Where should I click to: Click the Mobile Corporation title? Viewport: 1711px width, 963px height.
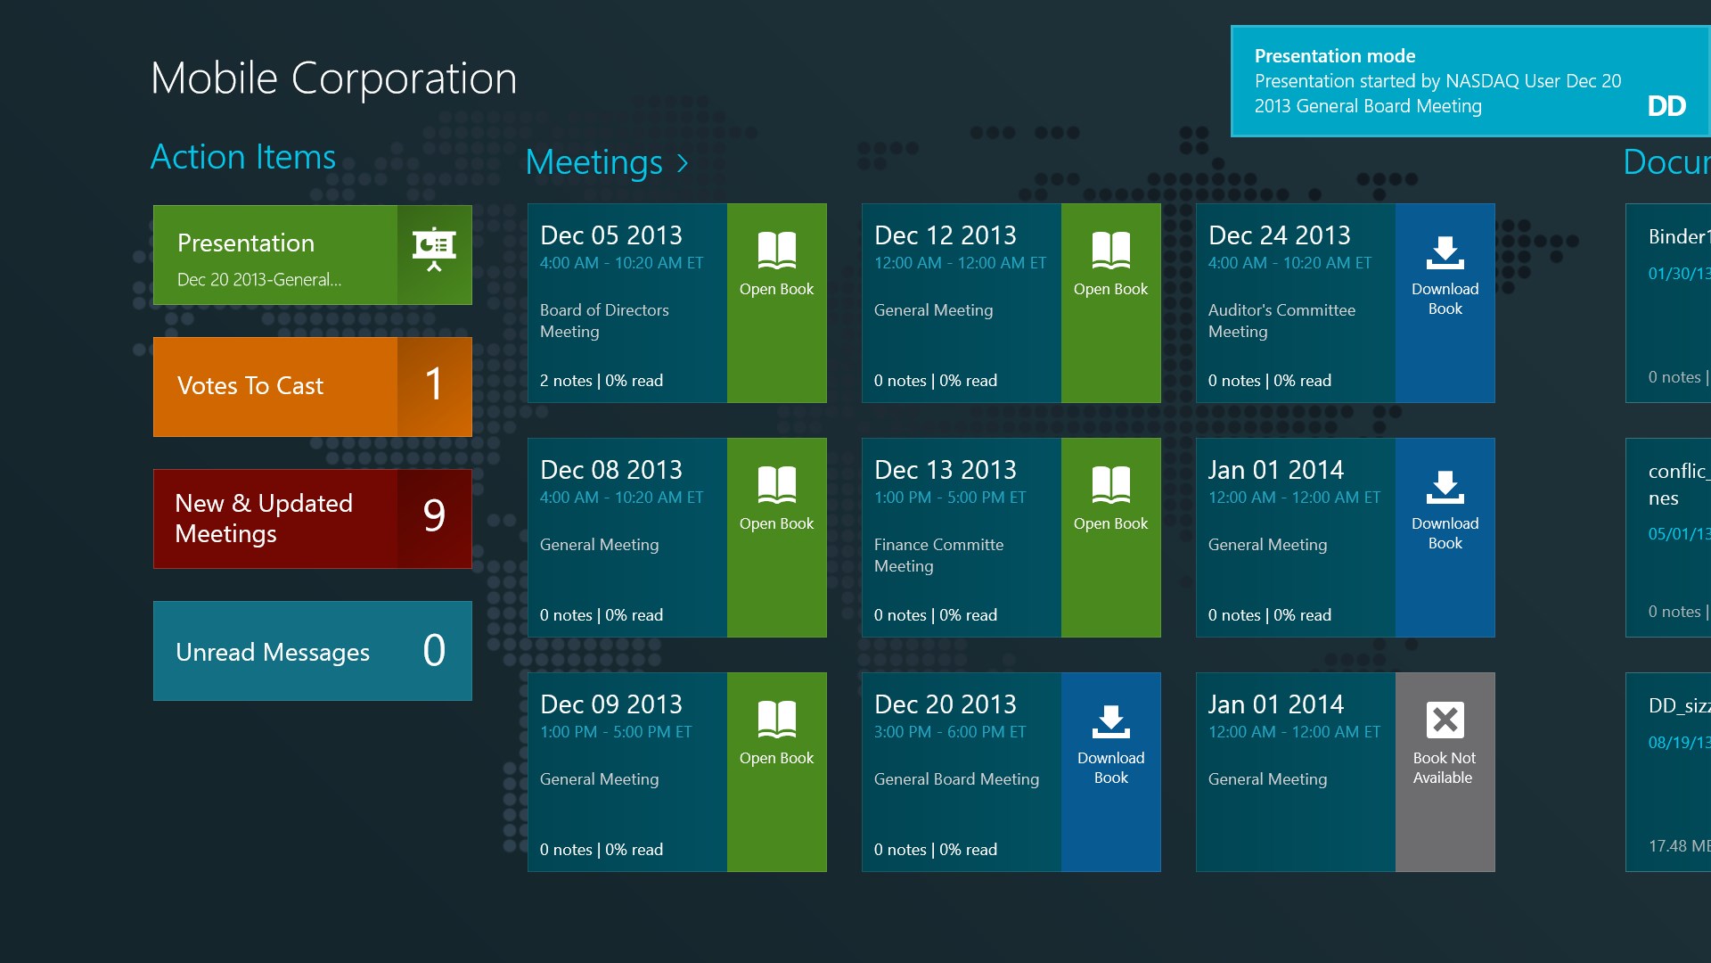click(x=333, y=78)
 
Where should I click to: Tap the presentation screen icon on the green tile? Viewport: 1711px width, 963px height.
click(x=434, y=249)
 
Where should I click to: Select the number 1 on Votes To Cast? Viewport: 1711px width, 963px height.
click(x=434, y=385)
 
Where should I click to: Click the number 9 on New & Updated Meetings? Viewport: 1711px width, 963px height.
click(x=434, y=516)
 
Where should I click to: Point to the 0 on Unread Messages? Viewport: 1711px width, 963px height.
click(x=434, y=650)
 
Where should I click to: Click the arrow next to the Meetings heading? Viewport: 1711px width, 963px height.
click(x=683, y=163)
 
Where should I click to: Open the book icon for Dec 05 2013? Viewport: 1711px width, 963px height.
click(x=776, y=251)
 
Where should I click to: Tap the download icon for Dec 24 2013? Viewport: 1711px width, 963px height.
click(x=1445, y=252)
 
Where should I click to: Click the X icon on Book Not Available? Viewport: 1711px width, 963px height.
click(x=1445, y=720)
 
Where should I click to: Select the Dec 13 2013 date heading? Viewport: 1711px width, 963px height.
click(x=945, y=470)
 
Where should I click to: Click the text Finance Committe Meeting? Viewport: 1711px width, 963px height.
click(x=938, y=555)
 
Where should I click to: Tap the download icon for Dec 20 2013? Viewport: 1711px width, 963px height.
click(x=1110, y=721)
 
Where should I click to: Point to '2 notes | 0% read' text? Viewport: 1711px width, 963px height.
click(x=601, y=381)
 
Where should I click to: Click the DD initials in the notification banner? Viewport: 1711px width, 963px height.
click(x=1666, y=106)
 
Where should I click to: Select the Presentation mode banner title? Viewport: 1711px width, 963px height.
click(x=1334, y=56)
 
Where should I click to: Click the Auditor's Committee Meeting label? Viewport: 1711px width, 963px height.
click(x=1281, y=320)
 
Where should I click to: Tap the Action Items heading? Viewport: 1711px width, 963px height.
click(x=242, y=157)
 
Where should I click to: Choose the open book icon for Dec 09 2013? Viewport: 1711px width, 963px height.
click(x=776, y=720)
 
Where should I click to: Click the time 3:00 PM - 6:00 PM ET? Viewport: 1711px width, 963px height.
click(x=949, y=732)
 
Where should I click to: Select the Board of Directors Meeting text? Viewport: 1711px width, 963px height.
click(x=603, y=320)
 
